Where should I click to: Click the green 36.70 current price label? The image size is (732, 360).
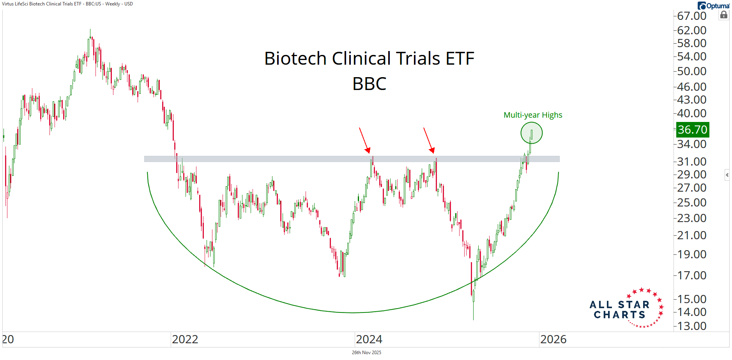(x=692, y=130)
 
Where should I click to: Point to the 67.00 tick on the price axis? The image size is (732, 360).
(x=691, y=16)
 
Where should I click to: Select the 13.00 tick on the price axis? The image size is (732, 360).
(x=691, y=326)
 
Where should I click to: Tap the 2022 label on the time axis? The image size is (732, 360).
(x=185, y=339)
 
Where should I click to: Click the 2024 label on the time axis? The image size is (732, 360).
(x=369, y=339)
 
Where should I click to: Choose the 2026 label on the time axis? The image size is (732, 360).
(x=553, y=339)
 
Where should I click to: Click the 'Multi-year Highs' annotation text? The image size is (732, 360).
(x=533, y=115)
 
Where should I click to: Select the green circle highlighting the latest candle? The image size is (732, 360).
(x=531, y=133)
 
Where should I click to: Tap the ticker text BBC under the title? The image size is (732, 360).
(x=369, y=84)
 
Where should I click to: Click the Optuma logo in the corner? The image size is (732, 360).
(x=713, y=5)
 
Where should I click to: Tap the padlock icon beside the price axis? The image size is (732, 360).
(x=723, y=15)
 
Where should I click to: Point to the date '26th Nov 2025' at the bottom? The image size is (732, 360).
(x=366, y=353)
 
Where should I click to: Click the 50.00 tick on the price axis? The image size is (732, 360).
(x=691, y=71)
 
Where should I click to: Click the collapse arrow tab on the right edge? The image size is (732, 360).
(x=727, y=175)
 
